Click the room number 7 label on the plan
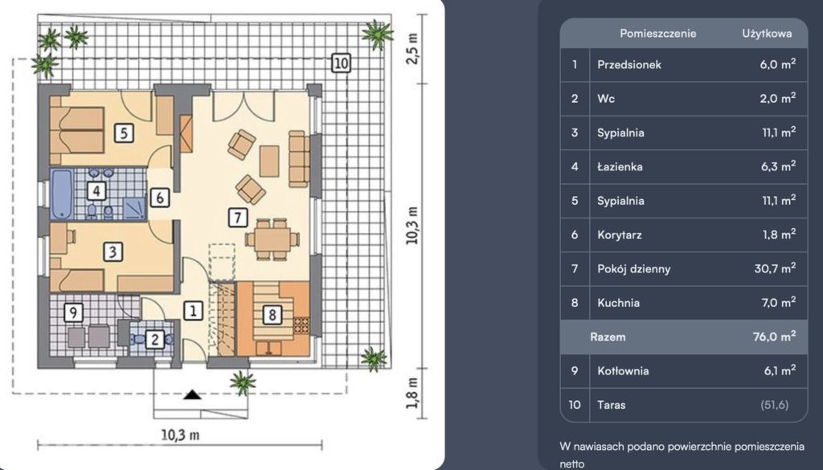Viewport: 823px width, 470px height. pos(238,217)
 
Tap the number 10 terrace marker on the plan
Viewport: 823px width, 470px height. pos(341,63)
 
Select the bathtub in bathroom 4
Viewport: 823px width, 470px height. pos(61,193)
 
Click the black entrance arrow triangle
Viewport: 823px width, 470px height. pos(193,394)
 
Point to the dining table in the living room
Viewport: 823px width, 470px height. pos(272,239)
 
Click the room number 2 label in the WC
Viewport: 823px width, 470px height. pos(154,339)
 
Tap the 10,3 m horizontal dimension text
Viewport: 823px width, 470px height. pos(180,435)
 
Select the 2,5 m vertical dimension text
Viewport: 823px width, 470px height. pos(414,49)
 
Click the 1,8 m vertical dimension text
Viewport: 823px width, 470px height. pos(414,392)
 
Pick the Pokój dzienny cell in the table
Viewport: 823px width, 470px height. pos(633,269)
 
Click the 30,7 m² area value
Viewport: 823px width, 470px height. pos(775,268)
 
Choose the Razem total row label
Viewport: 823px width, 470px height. pos(608,337)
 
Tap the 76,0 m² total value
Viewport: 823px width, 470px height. pos(774,337)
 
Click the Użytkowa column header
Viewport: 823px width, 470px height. pos(767,34)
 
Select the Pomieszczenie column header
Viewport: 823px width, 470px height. pos(657,34)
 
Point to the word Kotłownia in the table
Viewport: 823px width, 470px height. pos(623,371)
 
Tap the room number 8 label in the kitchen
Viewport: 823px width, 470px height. pos(272,315)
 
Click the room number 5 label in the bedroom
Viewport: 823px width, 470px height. pos(124,133)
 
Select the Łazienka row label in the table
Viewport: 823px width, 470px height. pos(620,167)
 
